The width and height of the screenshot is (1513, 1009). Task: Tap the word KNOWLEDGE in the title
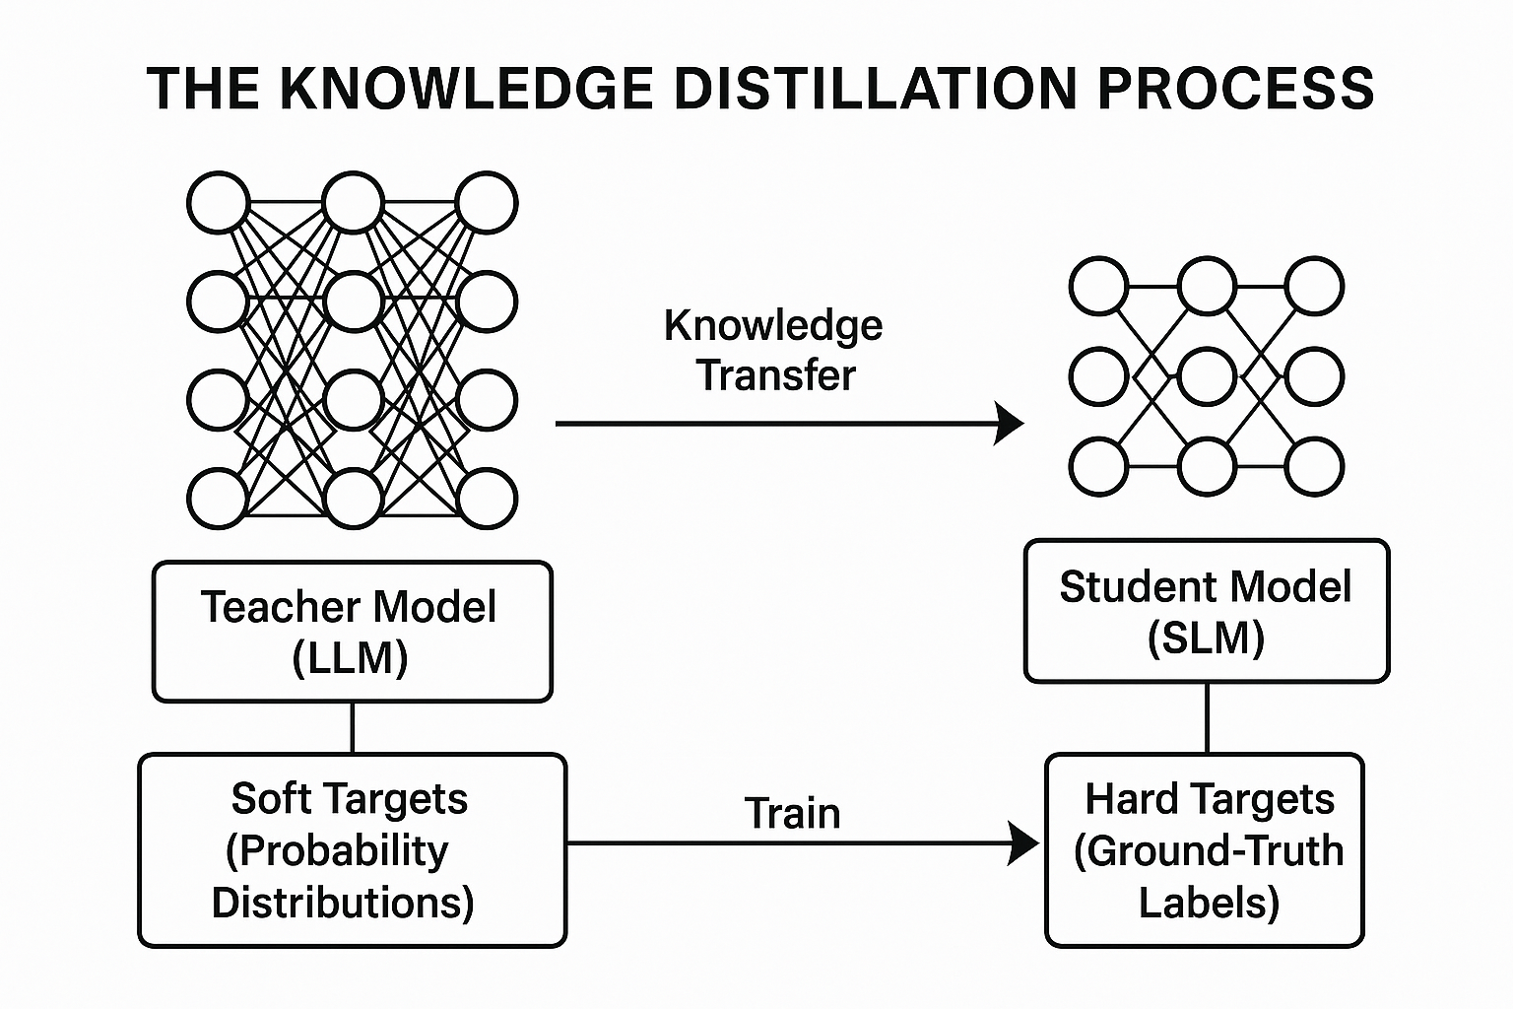(467, 88)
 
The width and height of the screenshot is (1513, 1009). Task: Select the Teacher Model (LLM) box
(352, 632)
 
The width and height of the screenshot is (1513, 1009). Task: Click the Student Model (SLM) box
(1206, 611)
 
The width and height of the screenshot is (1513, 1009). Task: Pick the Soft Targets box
(352, 849)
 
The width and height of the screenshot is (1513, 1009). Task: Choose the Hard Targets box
(1204, 849)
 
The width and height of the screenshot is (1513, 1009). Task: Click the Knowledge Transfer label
(774, 350)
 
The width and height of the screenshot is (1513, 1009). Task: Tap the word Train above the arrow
(792, 814)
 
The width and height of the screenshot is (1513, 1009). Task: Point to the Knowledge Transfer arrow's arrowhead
(1011, 424)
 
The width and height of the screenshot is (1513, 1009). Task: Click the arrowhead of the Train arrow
(1025, 843)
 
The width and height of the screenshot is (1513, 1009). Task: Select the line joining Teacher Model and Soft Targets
(353, 727)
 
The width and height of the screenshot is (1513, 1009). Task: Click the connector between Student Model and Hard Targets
(1207, 717)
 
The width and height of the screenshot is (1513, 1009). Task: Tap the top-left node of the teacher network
(217, 203)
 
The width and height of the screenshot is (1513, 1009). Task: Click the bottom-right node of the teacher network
(487, 499)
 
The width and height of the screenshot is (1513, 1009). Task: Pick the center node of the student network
(1207, 376)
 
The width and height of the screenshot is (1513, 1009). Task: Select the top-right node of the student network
(1314, 287)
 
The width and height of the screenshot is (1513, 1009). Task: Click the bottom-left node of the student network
(1098, 467)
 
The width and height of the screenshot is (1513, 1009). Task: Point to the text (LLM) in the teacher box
(351, 657)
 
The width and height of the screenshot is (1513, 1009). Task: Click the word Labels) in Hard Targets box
(1209, 903)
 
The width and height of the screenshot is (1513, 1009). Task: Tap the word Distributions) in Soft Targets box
(343, 903)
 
